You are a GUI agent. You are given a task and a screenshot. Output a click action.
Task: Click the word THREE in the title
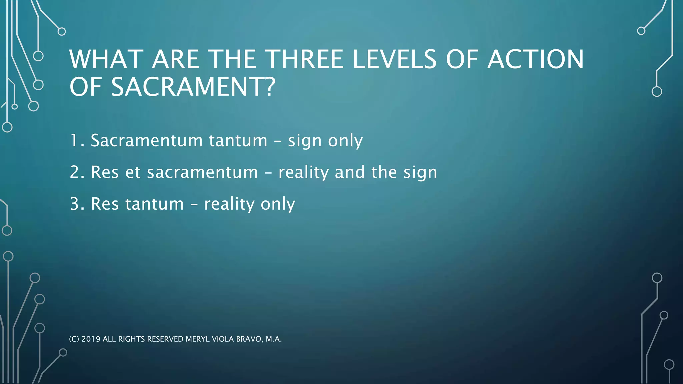305,59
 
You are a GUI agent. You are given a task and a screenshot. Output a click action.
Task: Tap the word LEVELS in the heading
394,59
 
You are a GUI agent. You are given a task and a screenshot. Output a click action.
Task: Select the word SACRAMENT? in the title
193,87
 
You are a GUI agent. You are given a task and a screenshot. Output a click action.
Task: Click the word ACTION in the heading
536,59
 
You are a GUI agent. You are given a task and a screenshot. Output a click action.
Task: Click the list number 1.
75,140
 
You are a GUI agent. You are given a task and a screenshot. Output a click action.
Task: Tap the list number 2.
75,172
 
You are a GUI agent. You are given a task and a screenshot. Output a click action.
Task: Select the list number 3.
75,204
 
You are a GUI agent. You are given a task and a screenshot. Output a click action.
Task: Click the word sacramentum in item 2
202,172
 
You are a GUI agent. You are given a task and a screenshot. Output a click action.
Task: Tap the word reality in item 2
304,173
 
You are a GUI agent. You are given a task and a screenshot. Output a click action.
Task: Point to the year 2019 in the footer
91,339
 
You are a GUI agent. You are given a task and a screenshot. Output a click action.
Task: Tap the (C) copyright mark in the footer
74,339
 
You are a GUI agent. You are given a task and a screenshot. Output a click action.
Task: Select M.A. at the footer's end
274,339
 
